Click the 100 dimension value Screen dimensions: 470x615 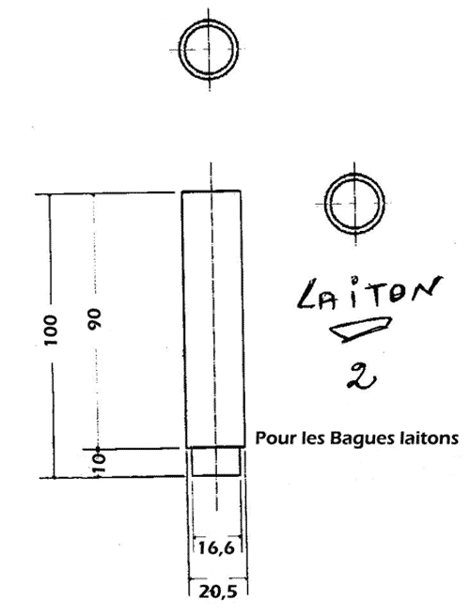tap(51, 330)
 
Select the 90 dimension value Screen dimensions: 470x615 tap(95, 318)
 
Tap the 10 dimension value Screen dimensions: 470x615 tap(100, 464)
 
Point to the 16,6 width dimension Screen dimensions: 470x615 tap(216, 547)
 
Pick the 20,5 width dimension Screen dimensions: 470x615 tap(218, 592)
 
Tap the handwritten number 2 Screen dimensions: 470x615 tap(362, 376)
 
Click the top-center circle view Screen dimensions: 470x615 tap(208, 49)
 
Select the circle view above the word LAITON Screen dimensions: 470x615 tap(354, 204)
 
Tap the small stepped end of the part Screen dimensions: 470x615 tap(215, 462)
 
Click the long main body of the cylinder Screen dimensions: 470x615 tap(213, 319)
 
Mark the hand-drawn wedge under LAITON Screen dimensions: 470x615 tap(360, 329)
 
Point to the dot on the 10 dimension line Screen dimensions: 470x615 tap(98, 448)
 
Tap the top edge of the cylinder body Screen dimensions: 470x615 tap(211, 191)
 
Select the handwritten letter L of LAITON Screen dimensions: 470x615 tap(308, 295)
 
